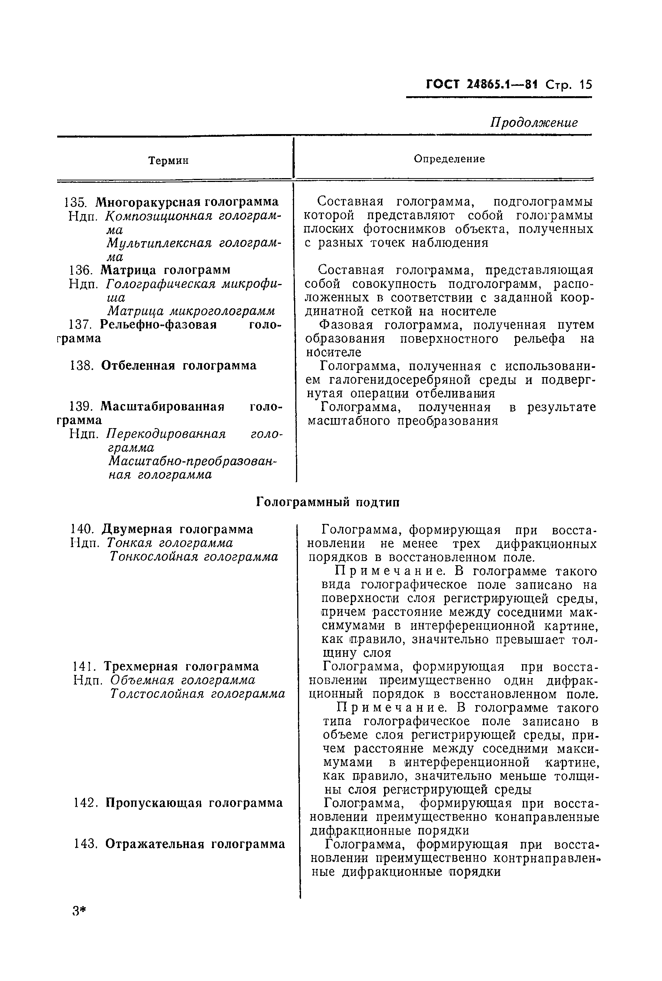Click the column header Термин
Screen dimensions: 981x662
168,161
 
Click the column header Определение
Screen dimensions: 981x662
449,159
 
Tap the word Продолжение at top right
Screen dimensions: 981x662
534,122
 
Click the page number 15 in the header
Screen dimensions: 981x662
586,85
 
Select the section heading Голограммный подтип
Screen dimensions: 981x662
328,502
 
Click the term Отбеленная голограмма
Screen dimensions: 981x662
179,366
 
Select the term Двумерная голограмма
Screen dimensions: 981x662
177,529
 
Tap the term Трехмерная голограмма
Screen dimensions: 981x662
181,666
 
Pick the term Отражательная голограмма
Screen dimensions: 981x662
195,844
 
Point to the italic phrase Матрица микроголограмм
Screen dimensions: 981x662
191,311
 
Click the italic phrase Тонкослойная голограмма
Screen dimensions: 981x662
194,557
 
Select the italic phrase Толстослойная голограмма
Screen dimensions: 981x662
197,694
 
